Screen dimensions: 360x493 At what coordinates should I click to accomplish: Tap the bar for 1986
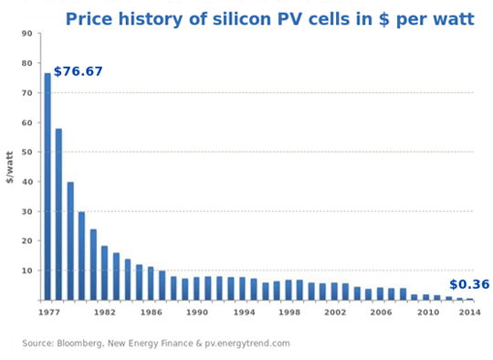(151, 283)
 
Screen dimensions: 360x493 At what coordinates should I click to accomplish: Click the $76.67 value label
(79, 71)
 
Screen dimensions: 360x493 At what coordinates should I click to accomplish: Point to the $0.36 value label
(469, 284)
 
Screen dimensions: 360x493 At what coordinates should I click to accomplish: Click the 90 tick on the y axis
(27, 34)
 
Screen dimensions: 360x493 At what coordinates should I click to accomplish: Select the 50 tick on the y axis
(27, 153)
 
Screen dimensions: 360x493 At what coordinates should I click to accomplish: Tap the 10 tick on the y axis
(27, 270)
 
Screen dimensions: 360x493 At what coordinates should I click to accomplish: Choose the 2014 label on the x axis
(469, 312)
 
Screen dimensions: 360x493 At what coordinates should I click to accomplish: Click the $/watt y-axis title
(10, 167)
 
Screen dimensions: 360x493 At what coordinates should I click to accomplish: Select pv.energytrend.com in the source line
(248, 344)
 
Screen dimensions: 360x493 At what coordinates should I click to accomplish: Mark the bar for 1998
(288, 290)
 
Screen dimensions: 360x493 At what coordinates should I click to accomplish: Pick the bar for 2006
(380, 293)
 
